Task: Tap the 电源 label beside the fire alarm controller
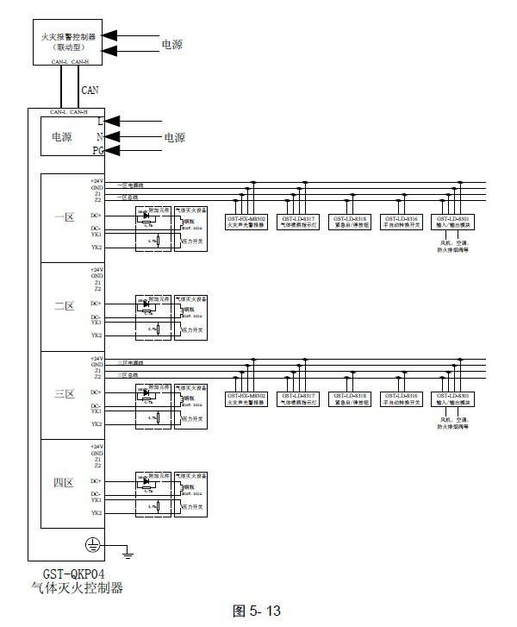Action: click(172, 44)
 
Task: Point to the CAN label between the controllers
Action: click(90, 89)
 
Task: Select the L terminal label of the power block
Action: click(100, 122)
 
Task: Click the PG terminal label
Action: click(98, 151)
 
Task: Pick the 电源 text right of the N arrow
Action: click(174, 137)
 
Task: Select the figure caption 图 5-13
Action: click(258, 611)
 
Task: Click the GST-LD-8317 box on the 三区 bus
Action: click(299, 398)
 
